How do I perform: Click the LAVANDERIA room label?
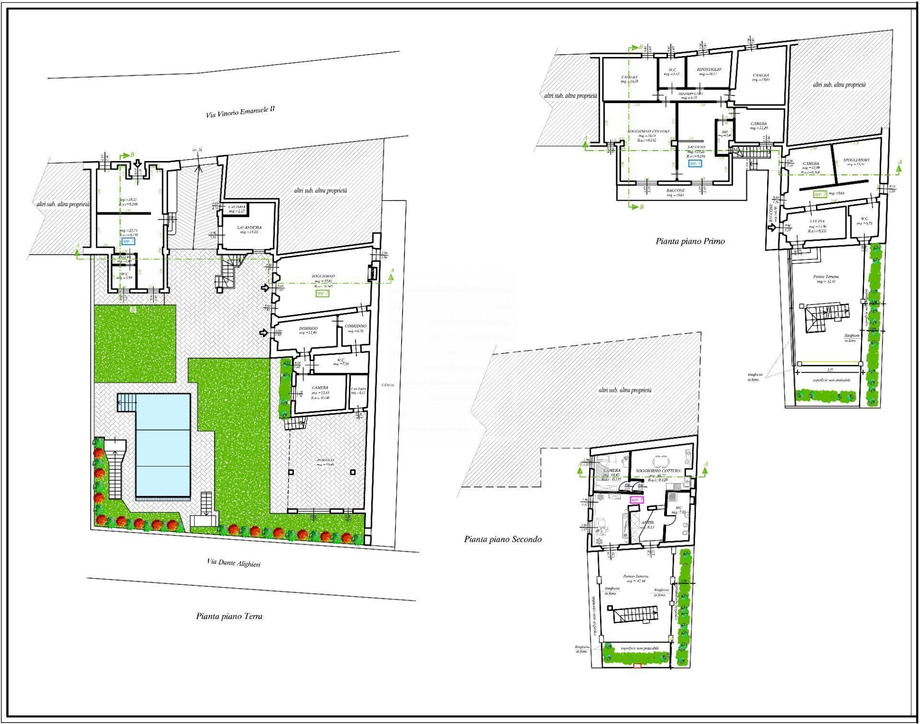(249, 228)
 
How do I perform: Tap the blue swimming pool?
(163, 445)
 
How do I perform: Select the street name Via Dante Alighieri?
(234, 563)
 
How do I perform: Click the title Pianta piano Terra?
(229, 617)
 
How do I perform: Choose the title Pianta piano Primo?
(690, 242)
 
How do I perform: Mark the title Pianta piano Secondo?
(503, 539)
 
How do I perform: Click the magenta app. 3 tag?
(637, 500)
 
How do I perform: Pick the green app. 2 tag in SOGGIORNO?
(322, 293)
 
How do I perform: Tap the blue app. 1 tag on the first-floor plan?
(695, 163)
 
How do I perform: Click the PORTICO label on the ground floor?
(324, 460)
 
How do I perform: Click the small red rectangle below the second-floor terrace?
(637, 666)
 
